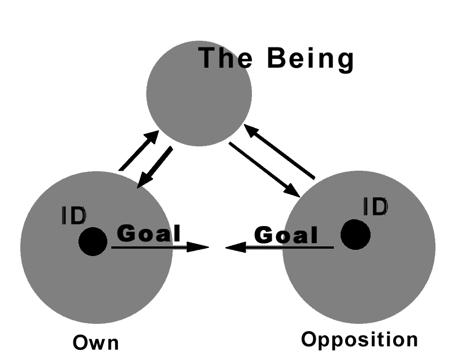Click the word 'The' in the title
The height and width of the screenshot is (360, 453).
click(225, 59)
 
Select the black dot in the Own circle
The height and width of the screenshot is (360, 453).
click(93, 242)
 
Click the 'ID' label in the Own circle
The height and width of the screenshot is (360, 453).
click(73, 215)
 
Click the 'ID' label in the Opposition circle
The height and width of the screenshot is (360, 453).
click(376, 207)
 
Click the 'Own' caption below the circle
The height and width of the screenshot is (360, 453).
click(97, 343)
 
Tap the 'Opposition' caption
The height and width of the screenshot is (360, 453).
click(359, 340)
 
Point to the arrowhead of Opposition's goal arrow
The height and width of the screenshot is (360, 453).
click(235, 247)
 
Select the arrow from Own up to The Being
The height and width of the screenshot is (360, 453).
click(139, 151)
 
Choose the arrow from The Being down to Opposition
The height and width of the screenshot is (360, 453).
click(264, 169)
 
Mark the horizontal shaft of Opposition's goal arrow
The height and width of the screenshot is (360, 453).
click(288, 247)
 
